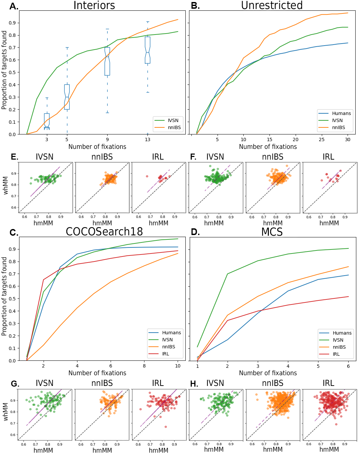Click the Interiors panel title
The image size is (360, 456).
pyautogui.click(x=94, y=5)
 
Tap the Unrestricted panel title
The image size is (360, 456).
pyautogui.click(x=272, y=5)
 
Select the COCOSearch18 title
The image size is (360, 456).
pyautogui.click(x=104, y=232)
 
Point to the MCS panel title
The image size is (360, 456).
pyautogui.click(x=272, y=232)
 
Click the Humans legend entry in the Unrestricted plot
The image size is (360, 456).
pyautogui.click(x=341, y=113)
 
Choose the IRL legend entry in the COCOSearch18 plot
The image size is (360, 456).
pyautogui.click(x=166, y=354)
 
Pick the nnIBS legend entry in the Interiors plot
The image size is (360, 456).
pyautogui.click(x=174, y=127)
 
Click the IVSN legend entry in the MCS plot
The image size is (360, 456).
pyautogui.click(x=338, y=340)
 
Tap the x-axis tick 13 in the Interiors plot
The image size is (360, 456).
pyautogui.click(x=147, y=139)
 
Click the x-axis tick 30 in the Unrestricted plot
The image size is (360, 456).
pyautogui.click(x=348, y=139)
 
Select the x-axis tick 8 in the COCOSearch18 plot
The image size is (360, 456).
pyautogui.click(x=144, y=366)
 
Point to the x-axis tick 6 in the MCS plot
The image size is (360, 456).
pyautogui.click(x=348, y=366)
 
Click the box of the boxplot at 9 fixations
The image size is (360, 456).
pyautogui.click(x=107, y=61)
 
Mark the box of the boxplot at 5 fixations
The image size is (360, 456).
pyautogui.click(x=67, y=97)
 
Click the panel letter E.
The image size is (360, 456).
pyautogui.click(x=14, y=157)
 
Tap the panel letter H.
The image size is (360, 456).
pyautogui.click(x=194, y=384)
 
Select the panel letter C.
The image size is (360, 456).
pyautogui.click(x=14, y=233)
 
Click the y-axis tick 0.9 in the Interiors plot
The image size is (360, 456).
pyautogui.click(x=12, y=23)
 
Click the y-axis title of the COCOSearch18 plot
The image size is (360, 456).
pyautogui.click(x=4, y=296)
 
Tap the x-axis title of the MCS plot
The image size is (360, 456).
pyautogui.click(x=268, y=373)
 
